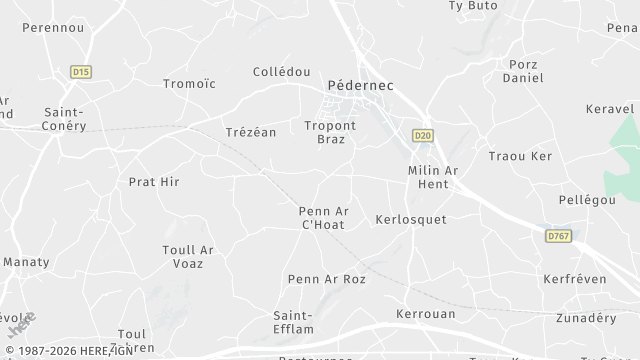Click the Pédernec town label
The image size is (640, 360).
[360, 86]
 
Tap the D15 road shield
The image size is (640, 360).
[81, 71]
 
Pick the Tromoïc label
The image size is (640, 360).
[189, 84]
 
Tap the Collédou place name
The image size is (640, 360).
[281, 72]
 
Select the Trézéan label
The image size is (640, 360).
[250, 132]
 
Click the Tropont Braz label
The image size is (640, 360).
[330, 132]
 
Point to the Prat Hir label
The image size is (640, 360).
[154, 182]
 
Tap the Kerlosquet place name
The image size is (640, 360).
[410, 218]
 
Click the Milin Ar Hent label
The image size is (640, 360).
[433, 177]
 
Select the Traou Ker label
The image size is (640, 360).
[520, 156]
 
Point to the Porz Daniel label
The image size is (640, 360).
[522, 71]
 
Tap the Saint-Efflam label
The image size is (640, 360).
[297, 321]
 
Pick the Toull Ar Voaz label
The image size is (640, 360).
[188, 256]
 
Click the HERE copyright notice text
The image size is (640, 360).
[68, 350]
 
